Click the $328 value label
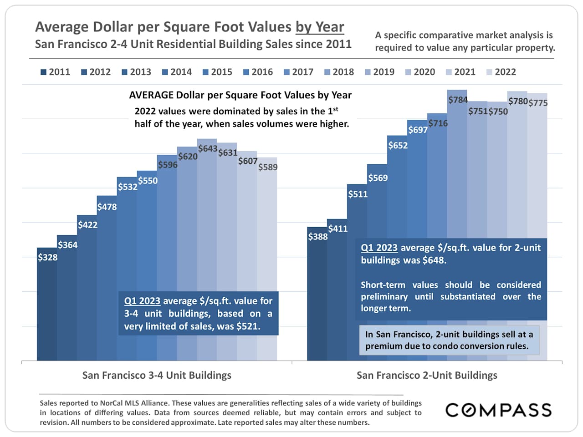[x=48, y=258]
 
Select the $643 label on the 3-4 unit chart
[x=208, y=149]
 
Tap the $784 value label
[x=458, y=100]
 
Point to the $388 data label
[x=317, y=237]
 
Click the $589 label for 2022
[x=268, y=167]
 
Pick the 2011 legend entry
[x=55, y=72]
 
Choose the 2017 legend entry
[x=298, y=72]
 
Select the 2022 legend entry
[x=501, y=72]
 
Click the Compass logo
[x=498, y=410]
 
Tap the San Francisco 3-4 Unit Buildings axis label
[x=157, y=376]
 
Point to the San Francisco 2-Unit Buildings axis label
[x=427, y=376]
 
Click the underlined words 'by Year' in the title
[x=320, y=27]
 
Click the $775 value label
[x=538, y=103]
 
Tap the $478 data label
[x=107, y=207]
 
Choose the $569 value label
[x=378, y=178]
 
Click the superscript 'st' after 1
[x=335, y=109]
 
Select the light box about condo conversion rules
[x=449, y=340]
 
